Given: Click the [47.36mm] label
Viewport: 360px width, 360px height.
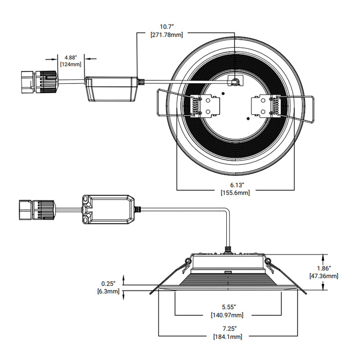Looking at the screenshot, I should coord(323,276).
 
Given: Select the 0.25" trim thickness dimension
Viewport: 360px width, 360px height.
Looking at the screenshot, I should coord(109,283).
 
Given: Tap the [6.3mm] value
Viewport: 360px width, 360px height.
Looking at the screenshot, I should coord(108,292).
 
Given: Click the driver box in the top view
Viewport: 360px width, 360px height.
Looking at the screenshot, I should coord(111,88).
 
